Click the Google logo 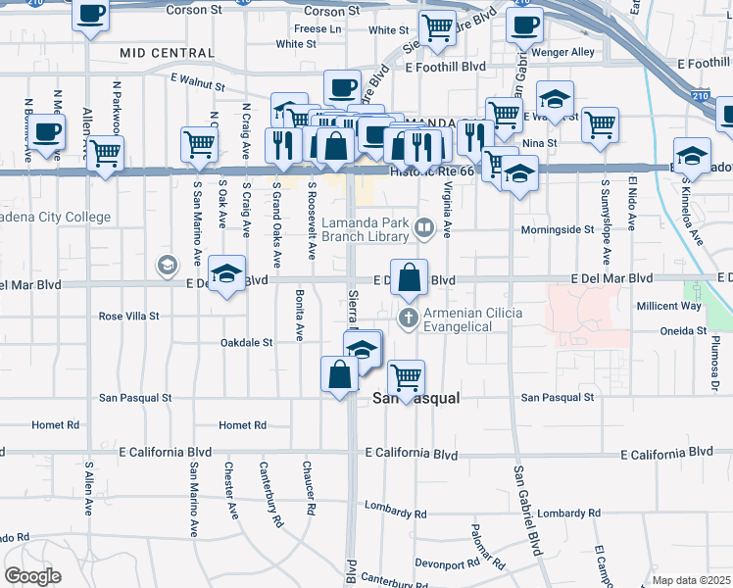click(32, 575)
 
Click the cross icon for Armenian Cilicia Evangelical click(409, 318)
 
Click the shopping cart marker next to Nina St click(599, 125)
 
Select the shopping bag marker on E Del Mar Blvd click(410, 276)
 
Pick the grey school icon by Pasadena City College click(167, 265)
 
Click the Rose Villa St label click(129, 317)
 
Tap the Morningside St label click(562, 229)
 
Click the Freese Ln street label click(318, 28)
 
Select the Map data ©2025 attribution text click(691, 580)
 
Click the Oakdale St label click(246, 343)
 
